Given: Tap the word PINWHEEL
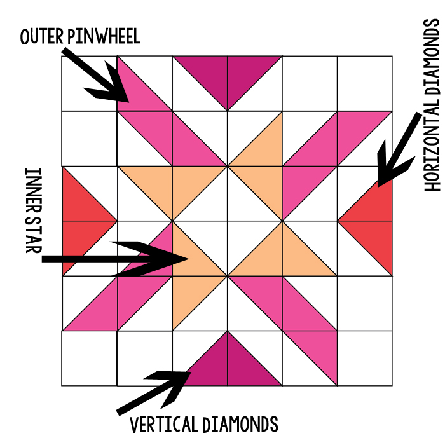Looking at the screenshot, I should tap(105, 37).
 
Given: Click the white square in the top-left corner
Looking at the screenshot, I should tap(89, 83).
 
